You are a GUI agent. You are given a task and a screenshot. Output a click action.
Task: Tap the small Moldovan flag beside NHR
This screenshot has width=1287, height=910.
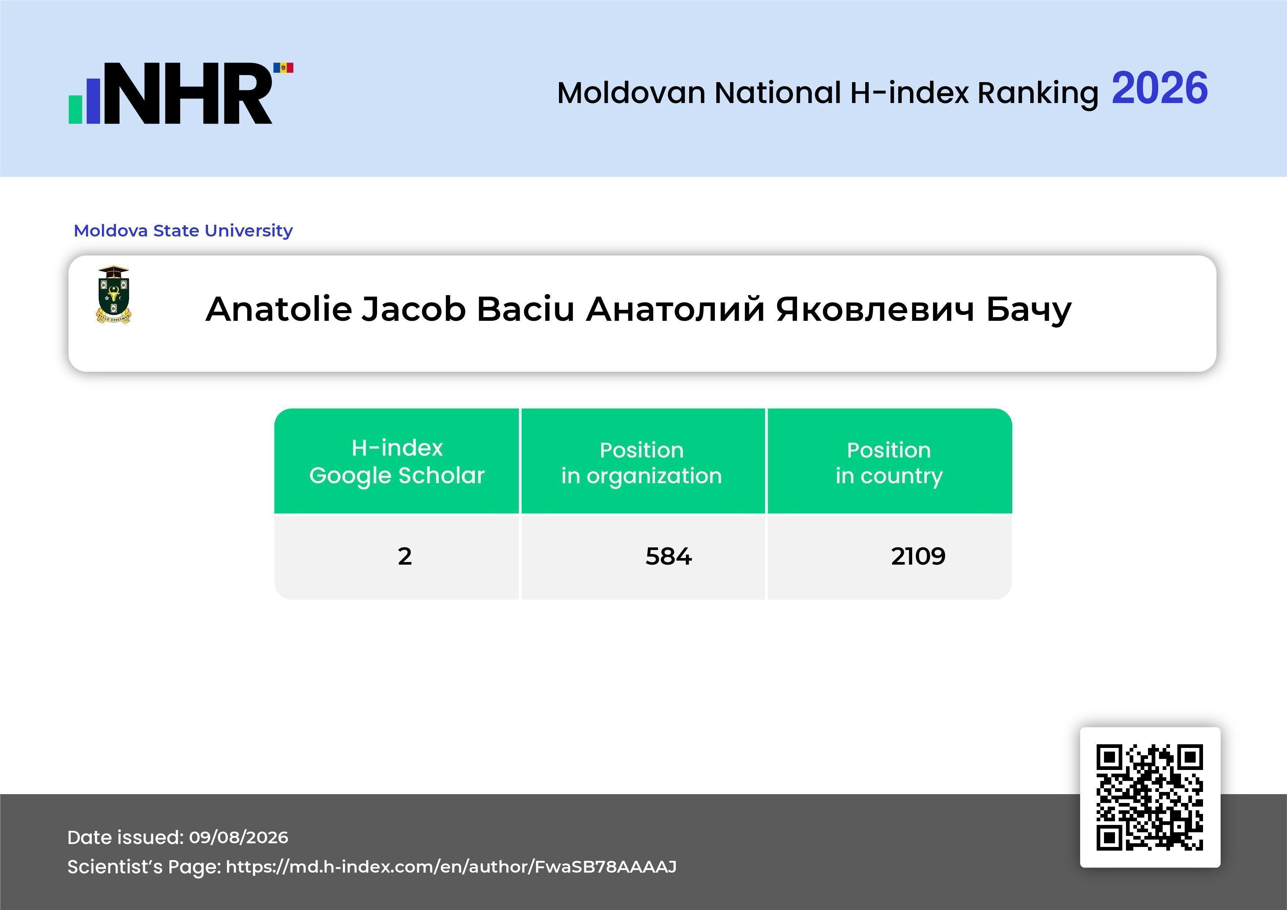click(x=283, y=68)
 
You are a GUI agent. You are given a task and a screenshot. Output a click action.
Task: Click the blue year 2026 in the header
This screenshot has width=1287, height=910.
click(x=1159, y=88)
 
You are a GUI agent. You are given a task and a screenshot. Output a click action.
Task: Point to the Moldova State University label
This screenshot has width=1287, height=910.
click(x=183, y=230)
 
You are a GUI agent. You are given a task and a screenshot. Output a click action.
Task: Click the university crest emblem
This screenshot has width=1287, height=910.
click(x=114, y=295)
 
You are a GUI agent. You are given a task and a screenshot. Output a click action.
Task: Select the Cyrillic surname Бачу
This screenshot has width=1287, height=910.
click(x=1028, y=310)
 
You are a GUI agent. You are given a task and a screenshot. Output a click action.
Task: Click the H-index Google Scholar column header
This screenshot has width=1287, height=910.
click(x=397, y=461)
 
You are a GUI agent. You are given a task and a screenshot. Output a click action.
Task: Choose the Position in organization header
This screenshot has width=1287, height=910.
click(x=642, y=463)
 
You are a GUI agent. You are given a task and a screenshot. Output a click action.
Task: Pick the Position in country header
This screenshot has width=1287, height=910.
click(x=889, y=463)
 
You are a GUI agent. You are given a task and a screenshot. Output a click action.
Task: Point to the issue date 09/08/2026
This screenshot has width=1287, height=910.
click(x=239, y=837)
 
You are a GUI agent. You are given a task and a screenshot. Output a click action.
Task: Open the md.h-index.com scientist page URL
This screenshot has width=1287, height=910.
click(x=451, y=867)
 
